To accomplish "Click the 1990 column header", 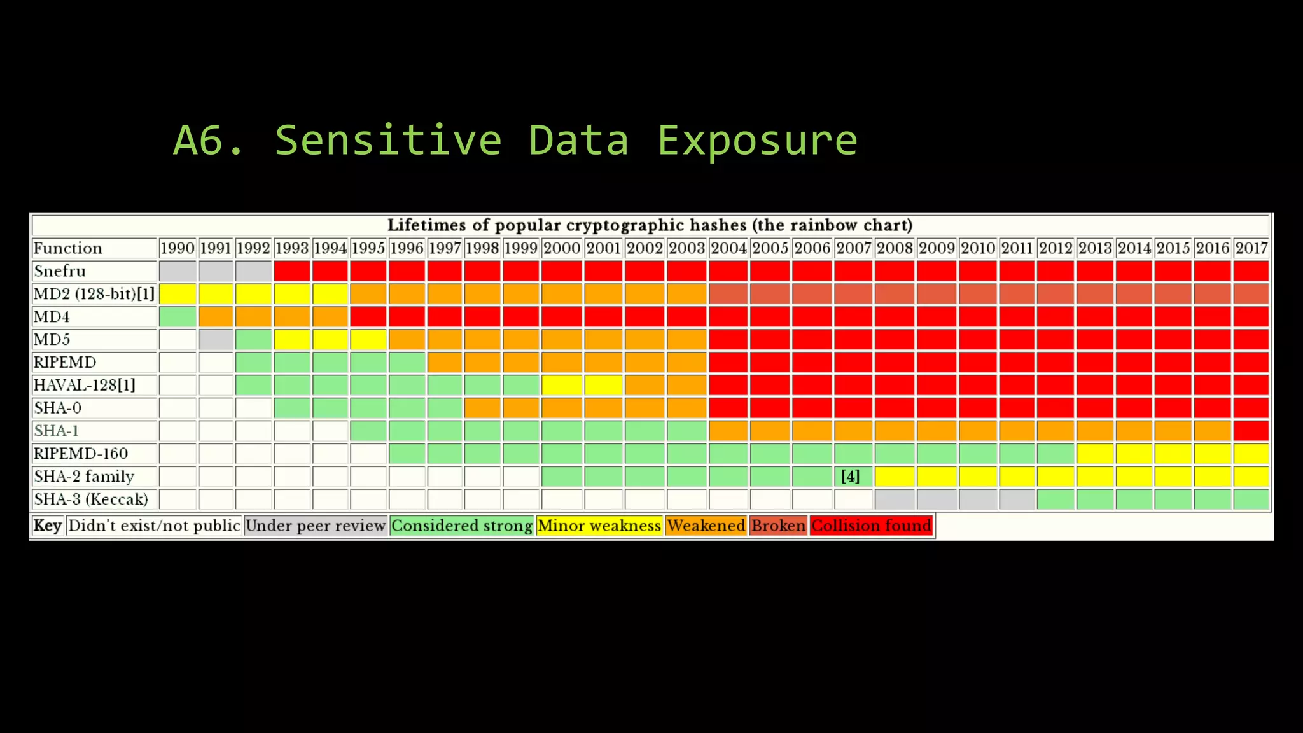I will click(177, 248).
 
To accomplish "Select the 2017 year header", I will click(1251, 248).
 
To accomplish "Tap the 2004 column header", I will click(728, 248).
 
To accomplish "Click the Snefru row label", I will click(60, 271).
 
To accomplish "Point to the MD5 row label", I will click(52, 340).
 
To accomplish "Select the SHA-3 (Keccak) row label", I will click(91, 499).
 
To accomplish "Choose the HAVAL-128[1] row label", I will click(85, 386).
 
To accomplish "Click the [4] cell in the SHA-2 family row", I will click(851, 477).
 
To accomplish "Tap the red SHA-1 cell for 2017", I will click(1251, 431).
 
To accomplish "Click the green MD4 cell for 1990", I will click(178, 317).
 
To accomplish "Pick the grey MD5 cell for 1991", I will click(216, 340).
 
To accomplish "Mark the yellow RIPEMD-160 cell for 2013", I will click(1095, 454).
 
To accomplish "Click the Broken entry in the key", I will click(778, 526).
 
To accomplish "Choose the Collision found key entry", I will click(871, 526).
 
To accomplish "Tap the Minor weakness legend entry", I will click(599, 526).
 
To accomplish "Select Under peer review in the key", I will click(316, 526).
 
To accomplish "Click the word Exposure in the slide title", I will click(757, 140).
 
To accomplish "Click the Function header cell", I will click(68, 248).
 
